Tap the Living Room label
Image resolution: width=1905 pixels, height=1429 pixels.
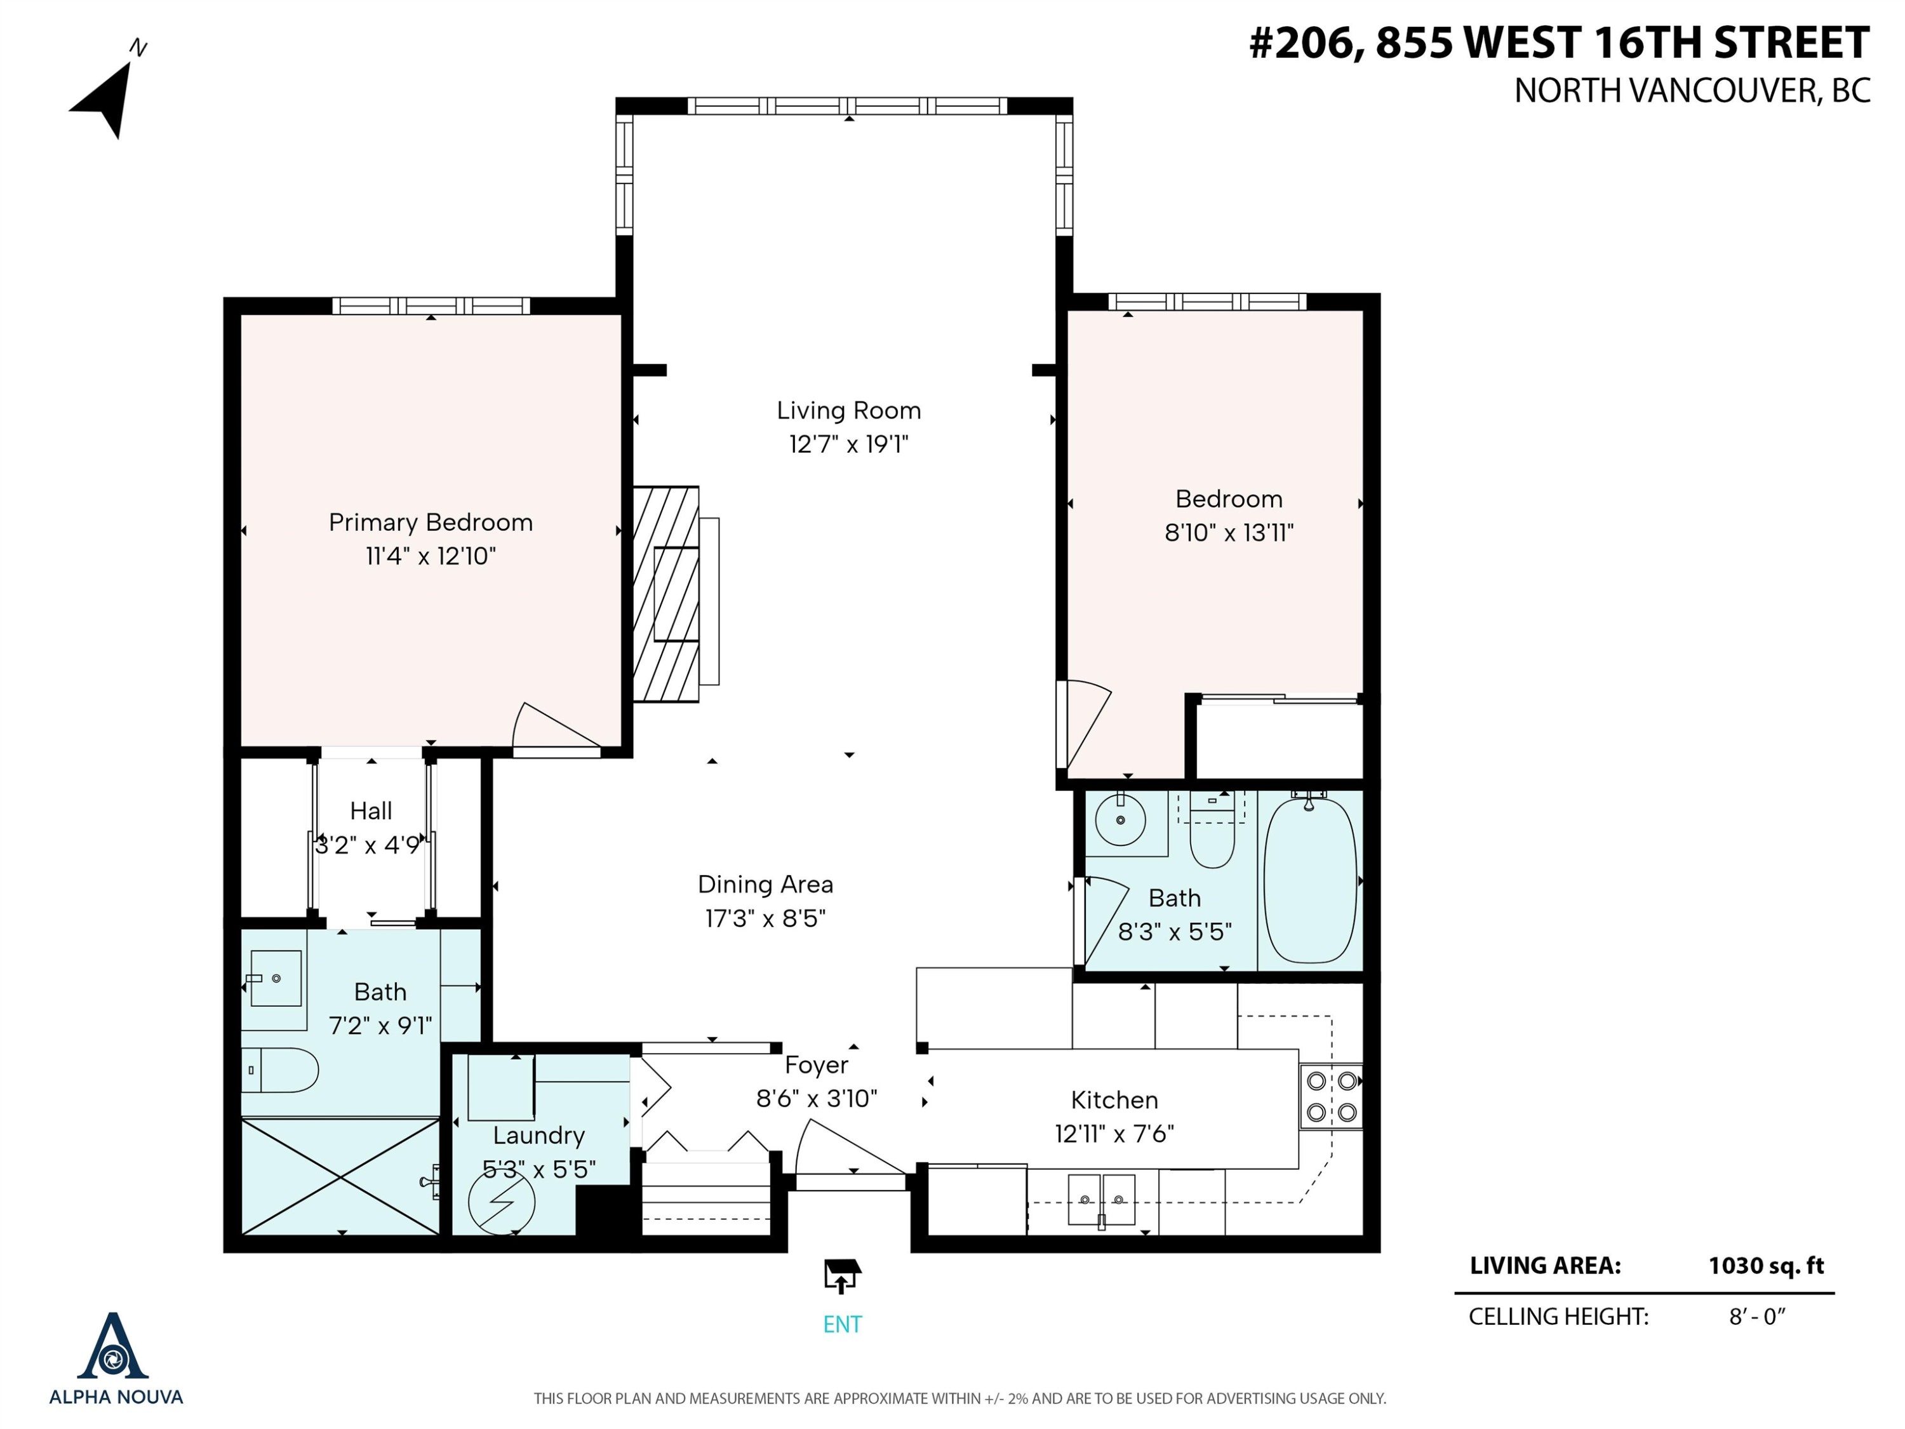[848, 410]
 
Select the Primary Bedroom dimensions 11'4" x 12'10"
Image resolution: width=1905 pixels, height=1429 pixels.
[431, 556]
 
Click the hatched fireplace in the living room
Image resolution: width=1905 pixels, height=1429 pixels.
[665, 594]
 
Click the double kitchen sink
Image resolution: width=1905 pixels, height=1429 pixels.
[1102, 1199]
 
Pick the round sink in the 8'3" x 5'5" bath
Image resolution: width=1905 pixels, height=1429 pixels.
[1120, 820]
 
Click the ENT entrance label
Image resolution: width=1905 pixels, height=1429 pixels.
[842, 1325]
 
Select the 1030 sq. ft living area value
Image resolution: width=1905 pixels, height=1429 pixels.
[1767, 1265]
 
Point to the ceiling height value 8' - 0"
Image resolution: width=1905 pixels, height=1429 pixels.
[1757, 1316]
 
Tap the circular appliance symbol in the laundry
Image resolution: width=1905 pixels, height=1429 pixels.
[501, 1202]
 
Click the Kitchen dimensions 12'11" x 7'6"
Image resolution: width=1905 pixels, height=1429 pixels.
[1114, 1134]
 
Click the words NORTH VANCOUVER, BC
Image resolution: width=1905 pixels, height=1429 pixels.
[1692, 90]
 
